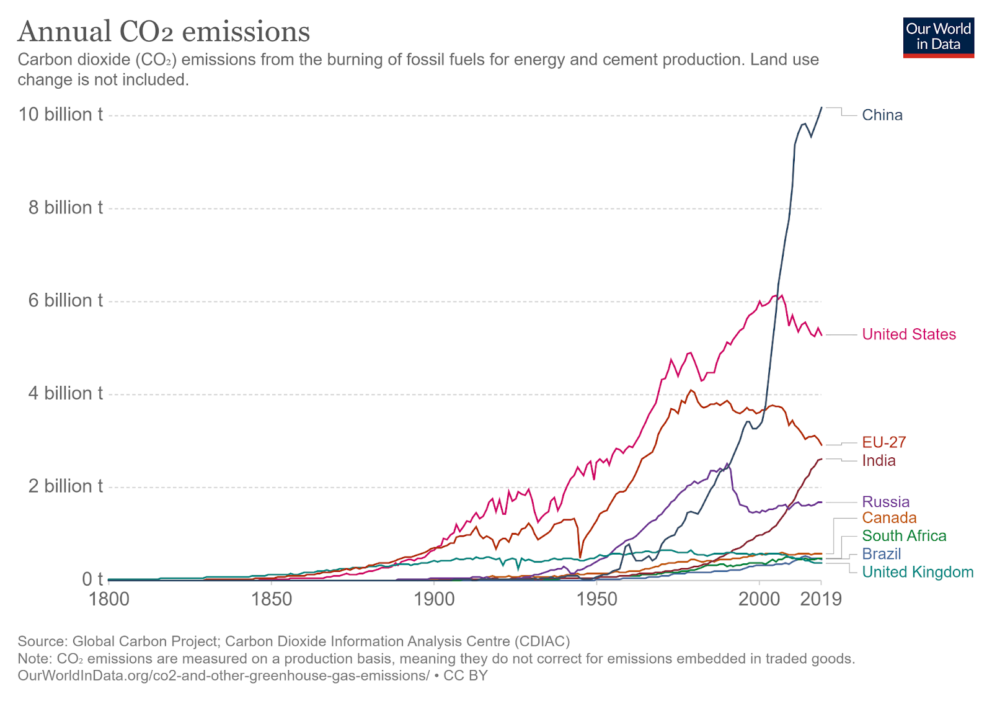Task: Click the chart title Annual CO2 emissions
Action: (164, 32)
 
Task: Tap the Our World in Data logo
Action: (938, 37)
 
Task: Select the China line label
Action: (882, 115)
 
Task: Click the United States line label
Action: (908, 334)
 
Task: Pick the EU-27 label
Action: (883, 442)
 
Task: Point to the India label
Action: (879, 460)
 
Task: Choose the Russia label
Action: (885, 502)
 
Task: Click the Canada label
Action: (889, 518)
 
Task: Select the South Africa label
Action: (904, 536)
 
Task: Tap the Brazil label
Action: (881, 554)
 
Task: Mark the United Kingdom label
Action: (918, 572)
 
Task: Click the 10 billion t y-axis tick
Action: (61, 115)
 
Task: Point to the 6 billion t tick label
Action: (65, 301)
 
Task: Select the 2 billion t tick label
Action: (65, 486)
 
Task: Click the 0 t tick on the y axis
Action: (92, 579)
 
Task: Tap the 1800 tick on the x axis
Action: (109, 599)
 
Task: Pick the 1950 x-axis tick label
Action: (596, 599)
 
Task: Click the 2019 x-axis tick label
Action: (821, 599)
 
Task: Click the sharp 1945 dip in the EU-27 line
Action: (580, 556)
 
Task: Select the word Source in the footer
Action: (42, 641)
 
